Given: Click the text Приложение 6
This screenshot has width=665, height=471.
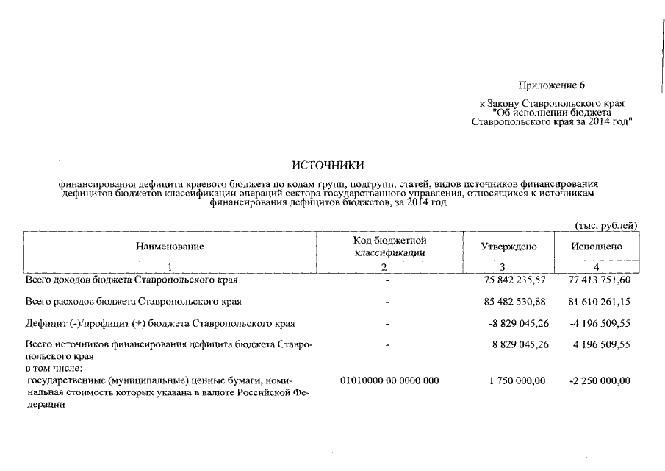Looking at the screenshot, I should pyautogui.click(x=551, y=86).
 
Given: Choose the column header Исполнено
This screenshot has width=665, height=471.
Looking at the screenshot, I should pyautogui.click(x=596, y=247).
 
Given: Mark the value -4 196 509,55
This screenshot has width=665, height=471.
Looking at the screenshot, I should pyautogui.click(x=600, y=323).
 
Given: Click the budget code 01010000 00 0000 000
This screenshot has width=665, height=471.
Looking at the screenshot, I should pyautogui.click(x=389, y=380).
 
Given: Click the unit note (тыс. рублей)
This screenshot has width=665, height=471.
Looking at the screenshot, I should pyautogui.click(x=605, y=225).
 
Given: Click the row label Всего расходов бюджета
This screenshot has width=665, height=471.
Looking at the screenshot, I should pyautogui.click(x=133, y=302).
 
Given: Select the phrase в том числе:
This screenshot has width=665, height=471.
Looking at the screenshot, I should pyautogui.click(x=54, y=367).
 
